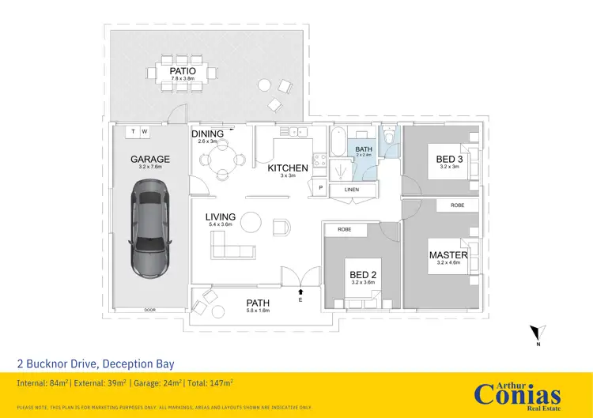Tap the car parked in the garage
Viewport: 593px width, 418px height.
point(149,227)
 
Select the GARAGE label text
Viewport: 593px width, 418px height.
point(149,159)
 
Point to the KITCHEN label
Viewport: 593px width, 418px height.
point(287,168)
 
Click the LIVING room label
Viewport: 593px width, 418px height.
point(221,217)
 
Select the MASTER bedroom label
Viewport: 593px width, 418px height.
point(448,254)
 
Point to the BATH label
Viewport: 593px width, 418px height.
point(364,149)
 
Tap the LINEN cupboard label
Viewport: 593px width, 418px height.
point(352,190)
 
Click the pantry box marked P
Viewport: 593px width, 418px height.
point(321,187)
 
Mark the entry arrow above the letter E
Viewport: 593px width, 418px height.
point(300,292)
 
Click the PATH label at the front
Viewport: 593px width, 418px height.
point(258,303)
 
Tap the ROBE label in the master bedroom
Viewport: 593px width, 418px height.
point(458,205)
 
